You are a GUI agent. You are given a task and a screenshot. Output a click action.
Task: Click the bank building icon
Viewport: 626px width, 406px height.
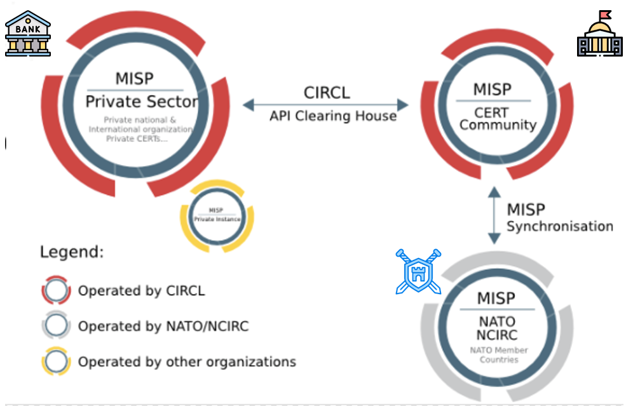[x=27, y=33]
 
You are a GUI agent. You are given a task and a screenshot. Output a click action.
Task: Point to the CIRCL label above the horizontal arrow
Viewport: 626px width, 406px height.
[x=327, y=92]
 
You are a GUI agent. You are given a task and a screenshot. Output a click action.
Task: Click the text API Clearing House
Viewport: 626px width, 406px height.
[x=333, y=116]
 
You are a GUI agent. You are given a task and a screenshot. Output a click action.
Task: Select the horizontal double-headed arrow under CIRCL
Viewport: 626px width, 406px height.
[x=325, y=104]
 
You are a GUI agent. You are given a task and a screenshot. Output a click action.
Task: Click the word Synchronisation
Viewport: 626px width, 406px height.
[x=560, y=226]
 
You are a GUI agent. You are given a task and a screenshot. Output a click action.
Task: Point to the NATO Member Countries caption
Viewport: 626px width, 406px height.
[x=498, y=355]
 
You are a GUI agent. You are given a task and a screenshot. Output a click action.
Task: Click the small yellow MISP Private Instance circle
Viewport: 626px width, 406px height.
[x=217, y=215]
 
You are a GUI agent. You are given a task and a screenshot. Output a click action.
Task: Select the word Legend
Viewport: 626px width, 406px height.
[x=72, y=252]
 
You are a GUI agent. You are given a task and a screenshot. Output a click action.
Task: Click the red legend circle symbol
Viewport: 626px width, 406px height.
[x=56, y=291]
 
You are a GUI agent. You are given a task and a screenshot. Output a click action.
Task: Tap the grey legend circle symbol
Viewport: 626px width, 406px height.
[x=56, y=327]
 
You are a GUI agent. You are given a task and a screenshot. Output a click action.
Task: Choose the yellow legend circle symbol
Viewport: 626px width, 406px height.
[x=56, y=362]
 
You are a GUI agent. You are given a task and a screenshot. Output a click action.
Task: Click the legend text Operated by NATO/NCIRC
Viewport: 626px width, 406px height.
[x=163, y=327]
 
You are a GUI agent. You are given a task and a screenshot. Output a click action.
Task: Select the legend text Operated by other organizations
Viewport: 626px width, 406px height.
[x=187, y=362]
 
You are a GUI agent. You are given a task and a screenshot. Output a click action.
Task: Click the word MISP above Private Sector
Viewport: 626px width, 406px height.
[x=134, y=79]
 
